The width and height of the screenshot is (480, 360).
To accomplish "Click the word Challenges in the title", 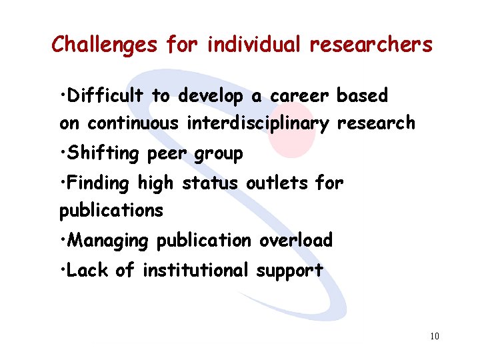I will point(105,45).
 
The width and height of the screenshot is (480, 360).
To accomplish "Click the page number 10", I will point(434,336).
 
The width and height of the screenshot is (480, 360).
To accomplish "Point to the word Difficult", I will point(105,96).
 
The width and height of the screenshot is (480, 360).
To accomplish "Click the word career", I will point(299,96).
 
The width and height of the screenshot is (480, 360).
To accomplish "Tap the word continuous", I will point(133,123).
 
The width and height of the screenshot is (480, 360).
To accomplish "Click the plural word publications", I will point(111,211).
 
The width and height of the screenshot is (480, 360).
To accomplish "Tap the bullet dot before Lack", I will point(62,270).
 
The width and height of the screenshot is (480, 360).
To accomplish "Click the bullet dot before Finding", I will point(62,182).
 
